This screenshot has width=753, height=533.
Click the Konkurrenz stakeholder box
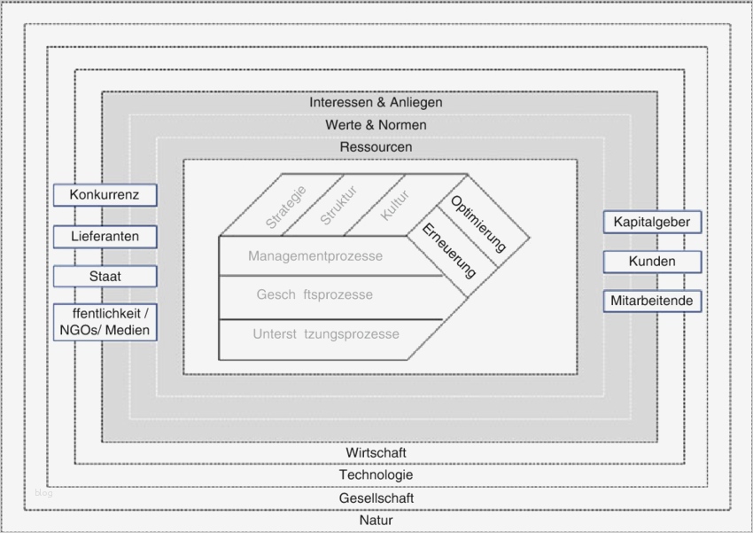pyautogui.click(x=105, y=194)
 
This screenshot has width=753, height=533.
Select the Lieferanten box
pyautogui.click(x=105, y=236)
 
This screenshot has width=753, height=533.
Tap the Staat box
pyautogui.click(x=105, y=276)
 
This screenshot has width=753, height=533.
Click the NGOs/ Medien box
pyautogui.click(x=105, y=323)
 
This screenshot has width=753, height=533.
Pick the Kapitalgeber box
pyautogui.click(x=653, y=222)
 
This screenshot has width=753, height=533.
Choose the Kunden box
pyautogui.click(x=653, y=262)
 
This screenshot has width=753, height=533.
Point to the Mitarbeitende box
pyautogui.click(x=653, y=301)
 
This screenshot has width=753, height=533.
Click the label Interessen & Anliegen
pyautogui.click(x=376, y=102)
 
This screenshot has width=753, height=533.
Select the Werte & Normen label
pyautogui.click(x=376, y=125)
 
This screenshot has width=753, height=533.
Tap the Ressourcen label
pyautogui.click(x=376, y=146)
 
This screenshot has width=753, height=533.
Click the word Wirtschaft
pyautogui.click(x=376, y=452)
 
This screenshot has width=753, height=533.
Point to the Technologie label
pyautogui.click(x=376, y=474)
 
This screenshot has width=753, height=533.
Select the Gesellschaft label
pyautogui.click(x=376, y=498)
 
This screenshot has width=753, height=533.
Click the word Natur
pyautogui.click(x=376, y=520)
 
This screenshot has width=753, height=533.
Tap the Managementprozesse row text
pyautogui.click(x=315, y=256)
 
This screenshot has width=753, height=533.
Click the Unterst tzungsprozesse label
pyautogui.click(x=325, y=334)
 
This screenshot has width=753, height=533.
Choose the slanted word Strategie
pyautogui.click(x=285, y=208)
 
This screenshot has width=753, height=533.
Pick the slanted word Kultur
pyautogui.click(x=395, y=205)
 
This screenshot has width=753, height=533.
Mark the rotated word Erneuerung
pyautogui.click(x=448, y=252)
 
